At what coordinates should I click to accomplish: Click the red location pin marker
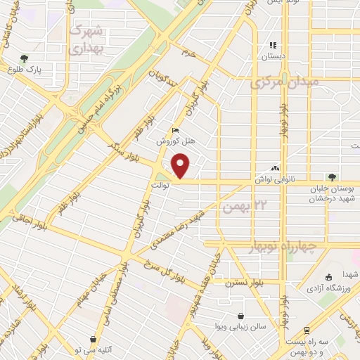point(181,166)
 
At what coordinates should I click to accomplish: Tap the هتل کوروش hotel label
point(172,141)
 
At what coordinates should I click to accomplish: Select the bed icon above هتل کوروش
point(175,129)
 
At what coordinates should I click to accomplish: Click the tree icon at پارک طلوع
point(25,58)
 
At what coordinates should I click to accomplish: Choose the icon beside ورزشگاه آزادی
point(328,277)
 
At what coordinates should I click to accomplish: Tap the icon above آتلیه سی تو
point(94,339)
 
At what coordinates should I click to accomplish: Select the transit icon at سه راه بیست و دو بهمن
point(307,330)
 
